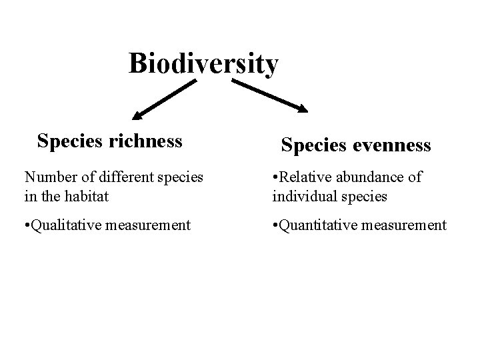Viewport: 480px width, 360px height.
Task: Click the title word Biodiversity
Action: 203,65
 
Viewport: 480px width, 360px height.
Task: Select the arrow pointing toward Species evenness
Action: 269,96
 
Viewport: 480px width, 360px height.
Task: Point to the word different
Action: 119,177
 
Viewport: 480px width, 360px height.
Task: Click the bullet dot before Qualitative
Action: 27,225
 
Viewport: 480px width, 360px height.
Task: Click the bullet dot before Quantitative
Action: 275,225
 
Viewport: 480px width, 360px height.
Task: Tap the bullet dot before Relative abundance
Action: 275,177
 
